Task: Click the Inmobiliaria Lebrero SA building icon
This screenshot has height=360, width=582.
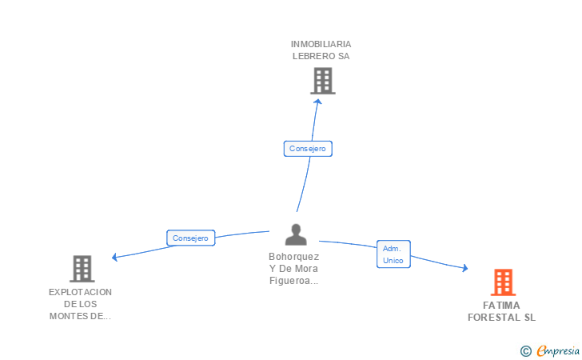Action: pos(323,81)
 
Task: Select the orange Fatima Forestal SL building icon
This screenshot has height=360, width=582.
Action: pos(504,282)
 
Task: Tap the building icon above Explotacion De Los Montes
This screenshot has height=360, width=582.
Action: pos(82,269)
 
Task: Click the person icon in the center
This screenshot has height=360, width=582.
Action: pos(296,234)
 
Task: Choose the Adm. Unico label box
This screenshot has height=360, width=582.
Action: pos(393,254)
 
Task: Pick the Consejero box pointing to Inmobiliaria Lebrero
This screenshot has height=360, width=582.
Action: pos(308,149)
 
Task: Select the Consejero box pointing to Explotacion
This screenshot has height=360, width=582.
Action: pos(191,238)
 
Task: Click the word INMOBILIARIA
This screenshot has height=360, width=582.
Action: pos(321,44)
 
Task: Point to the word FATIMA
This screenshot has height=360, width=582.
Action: pos(501,306)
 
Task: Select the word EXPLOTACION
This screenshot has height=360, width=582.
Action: pos(80,292)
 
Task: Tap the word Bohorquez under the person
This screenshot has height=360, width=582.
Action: pos(294,257)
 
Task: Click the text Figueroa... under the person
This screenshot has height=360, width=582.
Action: pos(294,281)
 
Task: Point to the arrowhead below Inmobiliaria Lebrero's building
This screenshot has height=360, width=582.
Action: pos(317,102)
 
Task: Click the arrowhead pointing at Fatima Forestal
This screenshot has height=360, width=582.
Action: pos(464,267)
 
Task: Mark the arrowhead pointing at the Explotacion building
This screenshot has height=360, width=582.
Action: pos(115,257)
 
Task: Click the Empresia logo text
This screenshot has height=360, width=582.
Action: pos(558,350)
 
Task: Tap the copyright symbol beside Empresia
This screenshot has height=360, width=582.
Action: pos(526,350)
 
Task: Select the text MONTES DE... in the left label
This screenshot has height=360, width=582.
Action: pos(80,316)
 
